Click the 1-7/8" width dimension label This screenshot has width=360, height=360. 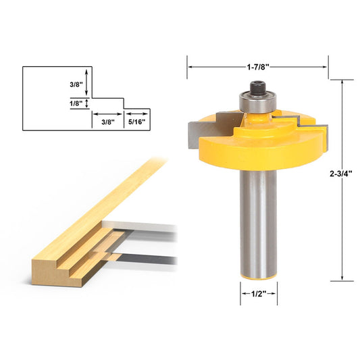(257, 67)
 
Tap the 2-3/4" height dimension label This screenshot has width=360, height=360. (340, 174)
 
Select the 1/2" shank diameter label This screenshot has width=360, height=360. (259, 294)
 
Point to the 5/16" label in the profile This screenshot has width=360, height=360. (137, 122)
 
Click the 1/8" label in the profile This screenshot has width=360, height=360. (76, 103)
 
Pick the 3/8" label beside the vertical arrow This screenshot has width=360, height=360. (76, 84)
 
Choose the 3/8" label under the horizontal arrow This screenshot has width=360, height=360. (108, 122)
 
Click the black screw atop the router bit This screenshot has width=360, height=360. (258, 88)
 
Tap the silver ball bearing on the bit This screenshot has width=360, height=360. (257, 101)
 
